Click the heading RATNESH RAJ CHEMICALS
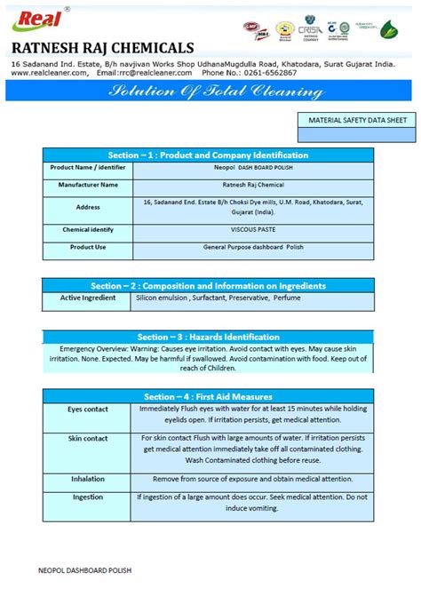tap(102, 47)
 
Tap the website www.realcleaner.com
tap(49, 73)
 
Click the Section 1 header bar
tap(208, 154)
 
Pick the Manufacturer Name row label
tap(88, 185)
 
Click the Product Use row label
tap(88, 247)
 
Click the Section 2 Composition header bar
tap(208, 286)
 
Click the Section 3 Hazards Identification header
tap(208, 337)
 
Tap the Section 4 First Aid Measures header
tap(208, 396)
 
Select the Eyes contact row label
tap(88, 409)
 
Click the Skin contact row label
tap(88, 439)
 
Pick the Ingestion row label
tap(88, 497)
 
